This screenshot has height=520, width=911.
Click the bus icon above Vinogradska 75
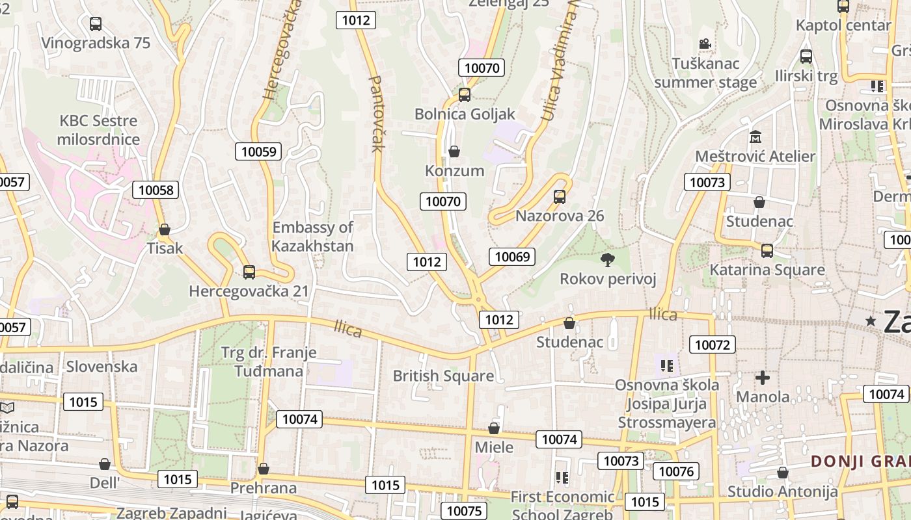coord(96,24)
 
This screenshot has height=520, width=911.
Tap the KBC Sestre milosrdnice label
coord(98,130)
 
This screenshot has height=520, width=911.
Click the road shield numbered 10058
coord(156,190)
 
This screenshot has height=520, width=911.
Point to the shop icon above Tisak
coord(165,229)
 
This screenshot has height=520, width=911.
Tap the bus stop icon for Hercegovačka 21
coord(249,272)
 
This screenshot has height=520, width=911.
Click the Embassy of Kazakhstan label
coord(312,237)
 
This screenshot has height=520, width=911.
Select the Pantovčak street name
coord(377,114)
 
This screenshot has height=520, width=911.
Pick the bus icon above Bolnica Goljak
coord(465,95)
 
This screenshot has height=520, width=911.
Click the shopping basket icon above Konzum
coord(454,151)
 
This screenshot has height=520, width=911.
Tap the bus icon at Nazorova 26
coord(559,196)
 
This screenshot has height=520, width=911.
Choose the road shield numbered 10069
coord(512,257)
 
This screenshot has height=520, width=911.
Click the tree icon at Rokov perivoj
coord(608,260)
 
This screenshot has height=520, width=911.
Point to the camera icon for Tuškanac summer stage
coord(705,44)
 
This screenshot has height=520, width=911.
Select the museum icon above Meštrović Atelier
coord(755,137)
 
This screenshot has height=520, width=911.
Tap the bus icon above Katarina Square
coord(767,250)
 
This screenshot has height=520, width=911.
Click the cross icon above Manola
coord(763,377)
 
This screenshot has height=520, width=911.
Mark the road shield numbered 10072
coord(713,344)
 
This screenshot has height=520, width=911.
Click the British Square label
coord(443,376)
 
